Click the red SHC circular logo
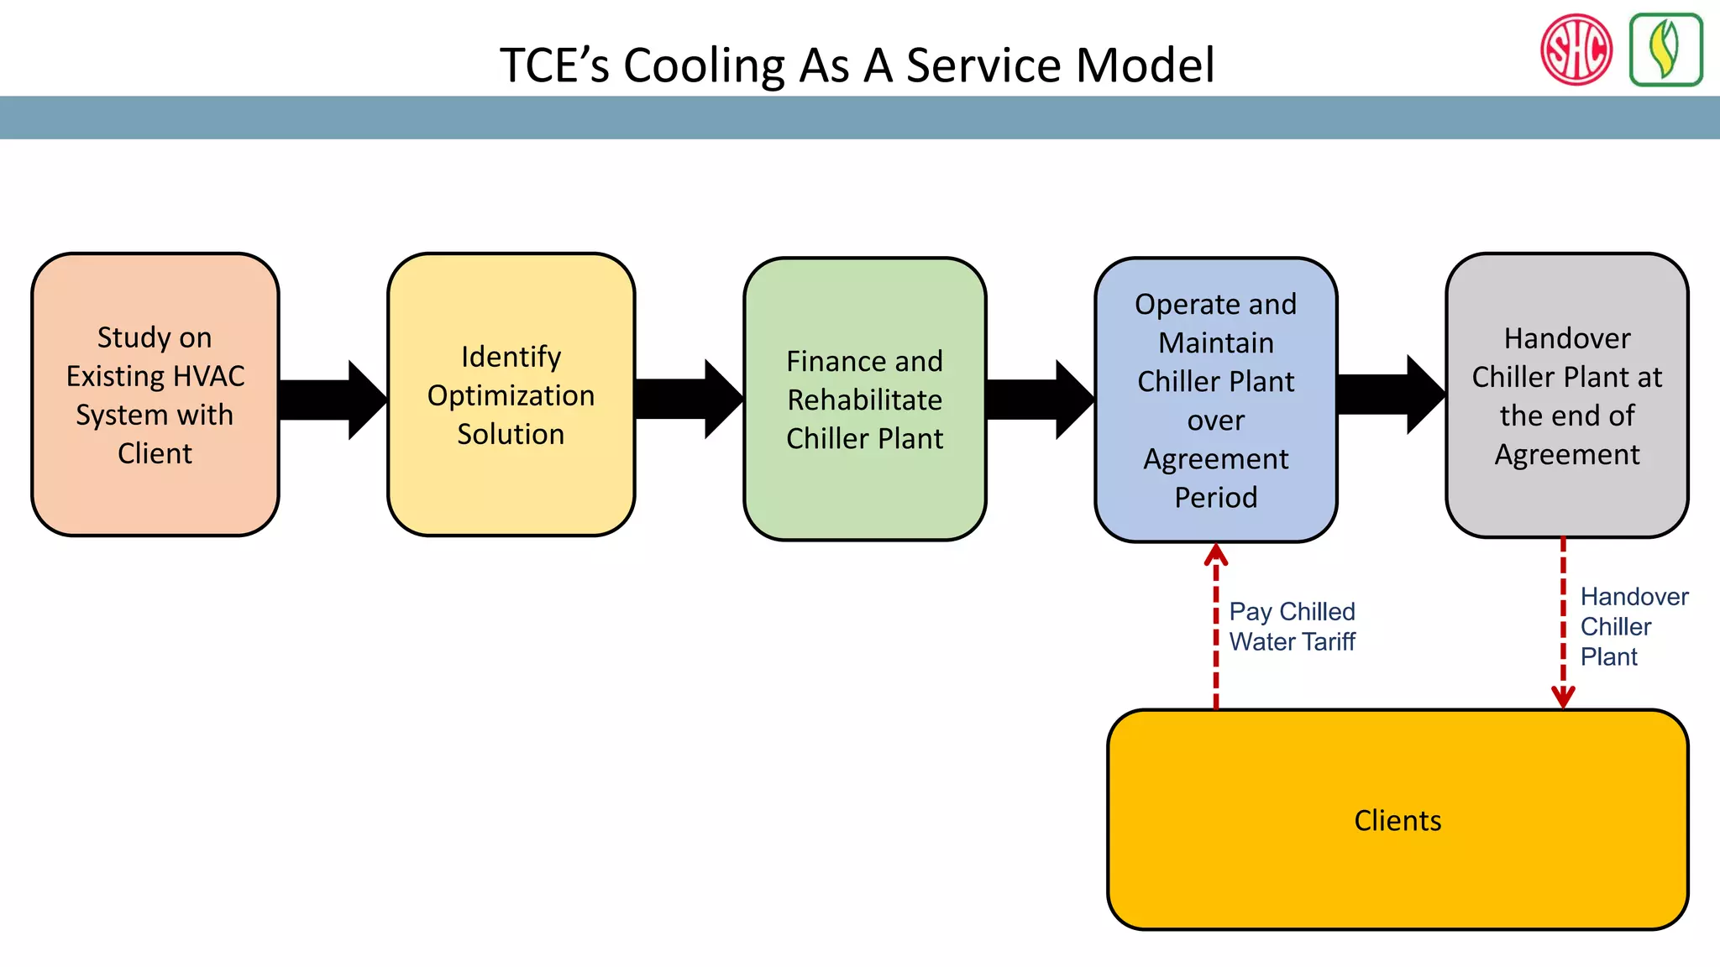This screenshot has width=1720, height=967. click(1576, 50)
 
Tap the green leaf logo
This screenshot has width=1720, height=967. click(1665, 50)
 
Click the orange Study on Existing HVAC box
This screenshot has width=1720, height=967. click(155, 395)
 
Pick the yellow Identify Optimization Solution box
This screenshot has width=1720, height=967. click(511, 395)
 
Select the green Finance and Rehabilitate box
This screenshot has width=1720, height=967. click(864, 400)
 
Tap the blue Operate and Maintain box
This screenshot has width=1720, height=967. click(1215, 400)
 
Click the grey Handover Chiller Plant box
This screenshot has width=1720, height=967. click(1566, 395)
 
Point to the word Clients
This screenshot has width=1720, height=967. click(1397, 820)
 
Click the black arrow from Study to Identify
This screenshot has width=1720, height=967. click(332, 400)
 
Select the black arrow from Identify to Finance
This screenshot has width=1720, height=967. click(688, 400)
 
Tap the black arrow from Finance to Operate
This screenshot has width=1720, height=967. click(1039, 400)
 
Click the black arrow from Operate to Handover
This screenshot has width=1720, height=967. click(1390, 395)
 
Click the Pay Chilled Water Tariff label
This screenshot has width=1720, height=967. click(1292, 626)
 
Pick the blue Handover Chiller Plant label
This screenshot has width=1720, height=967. click(1633, 626)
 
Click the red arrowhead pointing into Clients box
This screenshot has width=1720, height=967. click(1563, 698)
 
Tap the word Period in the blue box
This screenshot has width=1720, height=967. click(1215, 498)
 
